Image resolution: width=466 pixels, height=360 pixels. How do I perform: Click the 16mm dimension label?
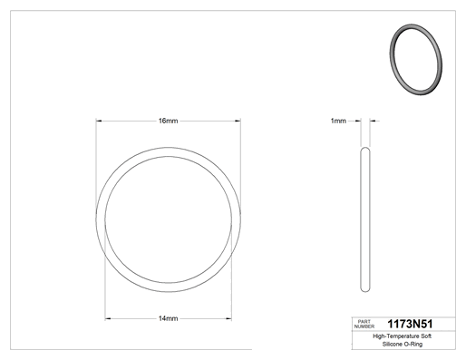click(x=169, y=121)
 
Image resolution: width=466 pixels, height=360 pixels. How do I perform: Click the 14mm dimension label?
click(x=169, y=318)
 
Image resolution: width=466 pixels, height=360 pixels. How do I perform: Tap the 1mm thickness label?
click(x=338, y=121)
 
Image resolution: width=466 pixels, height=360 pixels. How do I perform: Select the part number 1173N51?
click(x=410, y=324)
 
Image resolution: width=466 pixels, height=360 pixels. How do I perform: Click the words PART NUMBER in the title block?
click(x=364, y=324)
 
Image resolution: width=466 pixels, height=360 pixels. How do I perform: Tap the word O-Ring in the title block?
click(x=414, y=344)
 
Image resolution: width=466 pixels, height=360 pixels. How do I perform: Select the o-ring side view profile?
click(x=362, y=219)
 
